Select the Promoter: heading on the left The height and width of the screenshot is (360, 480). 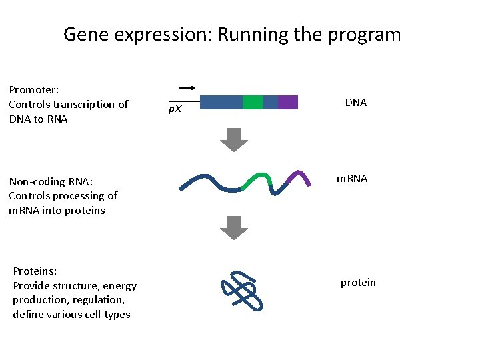[34, 89]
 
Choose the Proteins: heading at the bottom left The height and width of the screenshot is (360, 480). [35, 271]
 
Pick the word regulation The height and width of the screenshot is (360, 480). [97, 300]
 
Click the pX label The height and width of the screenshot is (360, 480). [174, 109]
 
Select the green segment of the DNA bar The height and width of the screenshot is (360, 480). [252, 102]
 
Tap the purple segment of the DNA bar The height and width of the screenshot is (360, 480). [287, 102]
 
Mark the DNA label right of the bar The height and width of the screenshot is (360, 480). [356, 103]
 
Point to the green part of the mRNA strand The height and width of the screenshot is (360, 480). [257, 179]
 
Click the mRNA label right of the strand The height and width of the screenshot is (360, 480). [351, 179]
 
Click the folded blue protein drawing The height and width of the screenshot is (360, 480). [241, 291]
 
